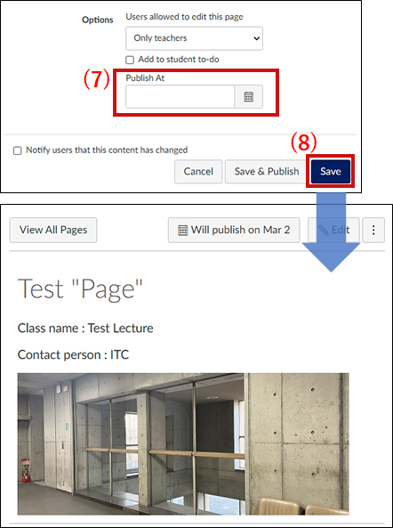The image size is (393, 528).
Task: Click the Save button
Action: [331, 171]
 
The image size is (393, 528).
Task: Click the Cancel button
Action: [198, 171]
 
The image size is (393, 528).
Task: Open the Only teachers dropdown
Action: [195, 38]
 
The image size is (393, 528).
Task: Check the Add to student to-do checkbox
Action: [130, 60]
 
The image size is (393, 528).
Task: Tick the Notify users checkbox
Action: [17, 150]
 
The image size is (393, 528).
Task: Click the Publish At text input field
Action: [180, 97]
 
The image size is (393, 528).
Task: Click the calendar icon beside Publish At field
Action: [248, 97]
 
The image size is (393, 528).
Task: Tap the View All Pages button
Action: [53, 230]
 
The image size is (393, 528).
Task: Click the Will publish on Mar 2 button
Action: [234, 230]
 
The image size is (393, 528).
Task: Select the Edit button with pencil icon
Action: [333, 230]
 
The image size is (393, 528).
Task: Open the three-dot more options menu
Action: [373, 230]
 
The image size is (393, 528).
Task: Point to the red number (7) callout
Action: [97, 79]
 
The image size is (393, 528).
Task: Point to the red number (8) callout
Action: [303, 142]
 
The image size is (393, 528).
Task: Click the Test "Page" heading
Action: [80, 289]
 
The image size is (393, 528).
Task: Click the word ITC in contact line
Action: [120, 354]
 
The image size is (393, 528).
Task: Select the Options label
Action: [98, 20]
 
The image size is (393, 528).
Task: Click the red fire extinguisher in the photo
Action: [25, 470]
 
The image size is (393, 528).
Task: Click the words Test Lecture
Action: [120, 328]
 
